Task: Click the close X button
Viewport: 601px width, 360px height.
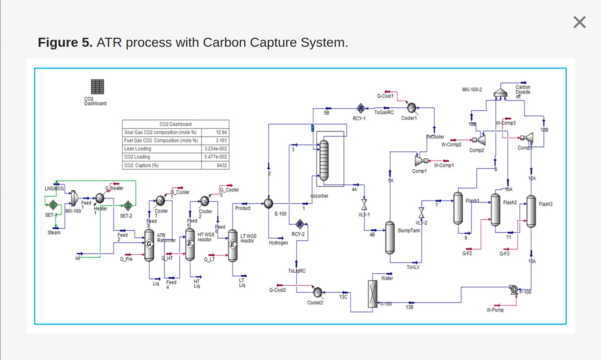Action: (579, 22)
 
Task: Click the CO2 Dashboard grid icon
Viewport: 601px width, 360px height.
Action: (98, 87)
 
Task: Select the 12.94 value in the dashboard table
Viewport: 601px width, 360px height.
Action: (221, 132)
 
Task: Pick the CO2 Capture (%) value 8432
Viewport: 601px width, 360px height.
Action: (221, 165)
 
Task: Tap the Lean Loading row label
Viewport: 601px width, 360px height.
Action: (138, 149)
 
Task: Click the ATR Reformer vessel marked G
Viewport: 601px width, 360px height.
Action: (149, 245)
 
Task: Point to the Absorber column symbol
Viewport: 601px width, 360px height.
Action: (324, 160)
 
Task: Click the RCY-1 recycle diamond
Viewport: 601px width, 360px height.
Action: (360, 108)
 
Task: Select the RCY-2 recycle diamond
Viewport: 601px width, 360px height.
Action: (300, 224)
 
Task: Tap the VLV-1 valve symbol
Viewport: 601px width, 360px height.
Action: (364, 204)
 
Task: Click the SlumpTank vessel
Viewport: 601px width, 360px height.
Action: (390, 238)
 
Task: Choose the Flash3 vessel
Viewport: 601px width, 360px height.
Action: (531, 211)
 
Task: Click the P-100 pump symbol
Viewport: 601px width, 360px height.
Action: (514, 289)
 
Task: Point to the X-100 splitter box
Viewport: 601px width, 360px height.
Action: (372, 294)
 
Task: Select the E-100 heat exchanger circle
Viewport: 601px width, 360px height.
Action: (269, 203)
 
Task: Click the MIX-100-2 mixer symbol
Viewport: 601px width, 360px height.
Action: (500, 93)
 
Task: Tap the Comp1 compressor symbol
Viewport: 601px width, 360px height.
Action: (419, 161)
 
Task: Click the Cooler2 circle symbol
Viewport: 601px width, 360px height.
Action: (318, 292)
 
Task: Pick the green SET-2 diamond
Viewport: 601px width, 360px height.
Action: (128, 206)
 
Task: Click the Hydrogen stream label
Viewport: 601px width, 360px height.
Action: (278, 243)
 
